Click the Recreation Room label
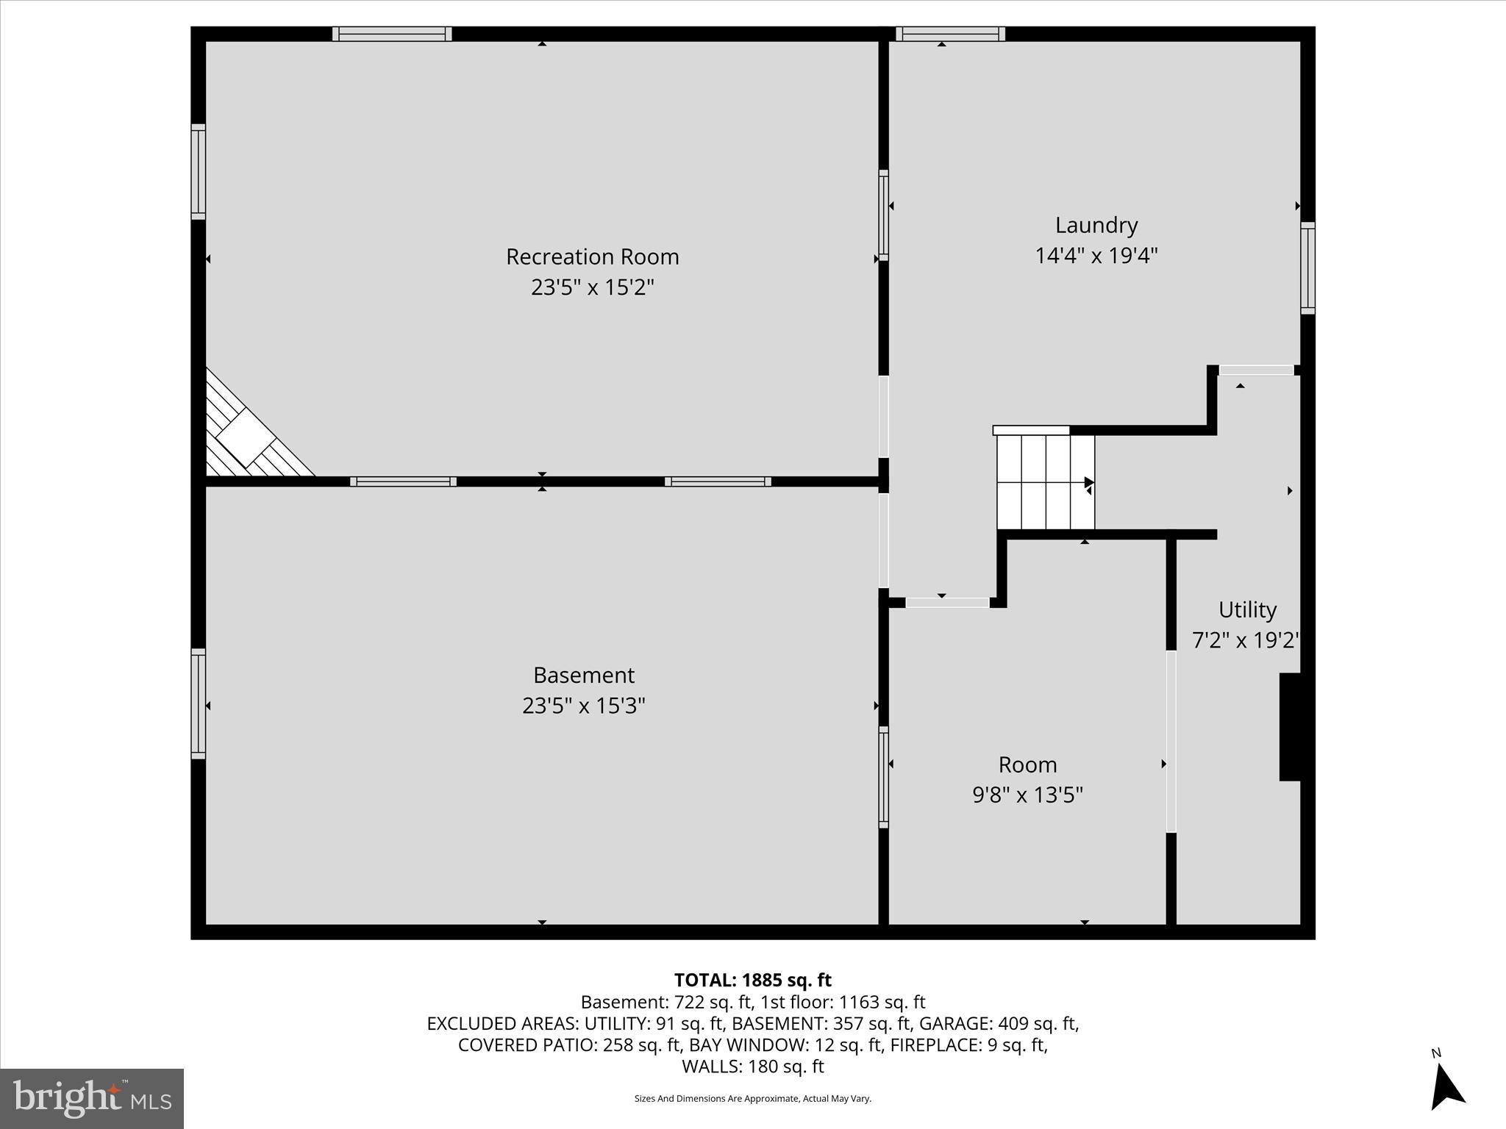pyautogui.click(x=592, y=257)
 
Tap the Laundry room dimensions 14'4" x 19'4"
pyautogui.click(x=1096, y=256)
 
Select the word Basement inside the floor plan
pyautogui.click(x=583, y=675)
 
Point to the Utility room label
pyautogui.click(x=1247, y=609)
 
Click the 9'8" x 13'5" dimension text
pyautogui.click(x=1027, y=795)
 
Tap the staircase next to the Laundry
pyautogui.click(x=1045, y=481)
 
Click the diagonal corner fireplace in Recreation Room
pyautogui.click(x=250, y=434)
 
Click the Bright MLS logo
pyautogui.click(x=92, y=1098)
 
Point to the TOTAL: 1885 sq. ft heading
pyautogui.click(x=752, y=980)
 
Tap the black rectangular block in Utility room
pyautogui.click(x=1290, y=726)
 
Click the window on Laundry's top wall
pyautogui.click(x=950, y=34)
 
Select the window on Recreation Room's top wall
pyautogui.click(x=392, y=34)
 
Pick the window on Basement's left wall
pyautogui.click(x=198, y=703)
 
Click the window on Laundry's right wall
pyautogui.click(x=1307, y=268)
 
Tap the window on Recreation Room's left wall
pyautogui.click(x=198, y=171)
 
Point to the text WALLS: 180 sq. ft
pyautogui.click(x=752, y=1067)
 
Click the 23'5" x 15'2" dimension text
pyautogui.click(x=592, y=287)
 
